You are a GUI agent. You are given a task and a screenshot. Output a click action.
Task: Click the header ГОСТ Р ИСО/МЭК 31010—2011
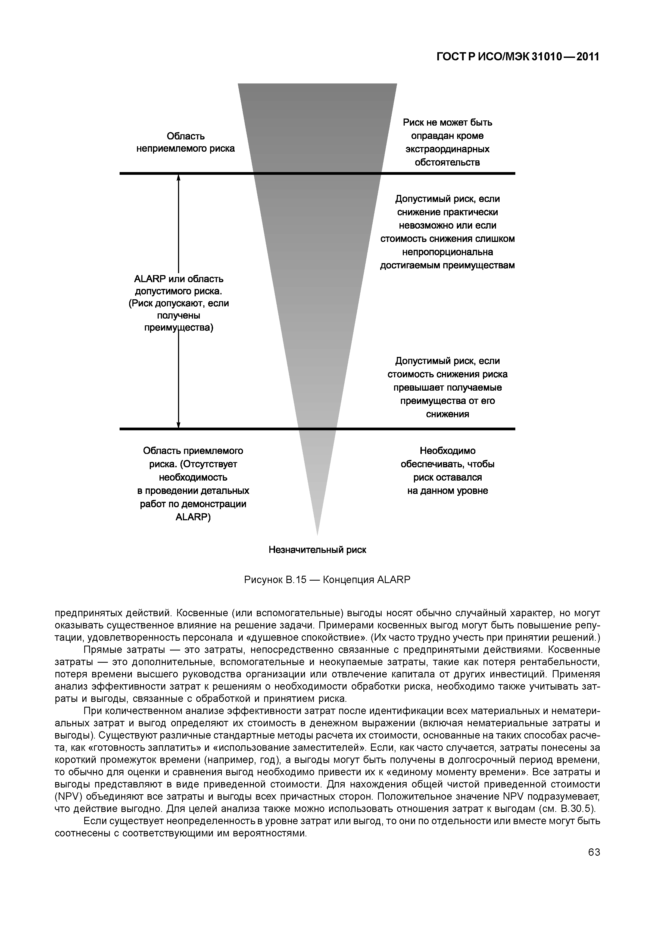click(x=517, y=57)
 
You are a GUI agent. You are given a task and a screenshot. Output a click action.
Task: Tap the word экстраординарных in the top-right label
click(x=447, y=149)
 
